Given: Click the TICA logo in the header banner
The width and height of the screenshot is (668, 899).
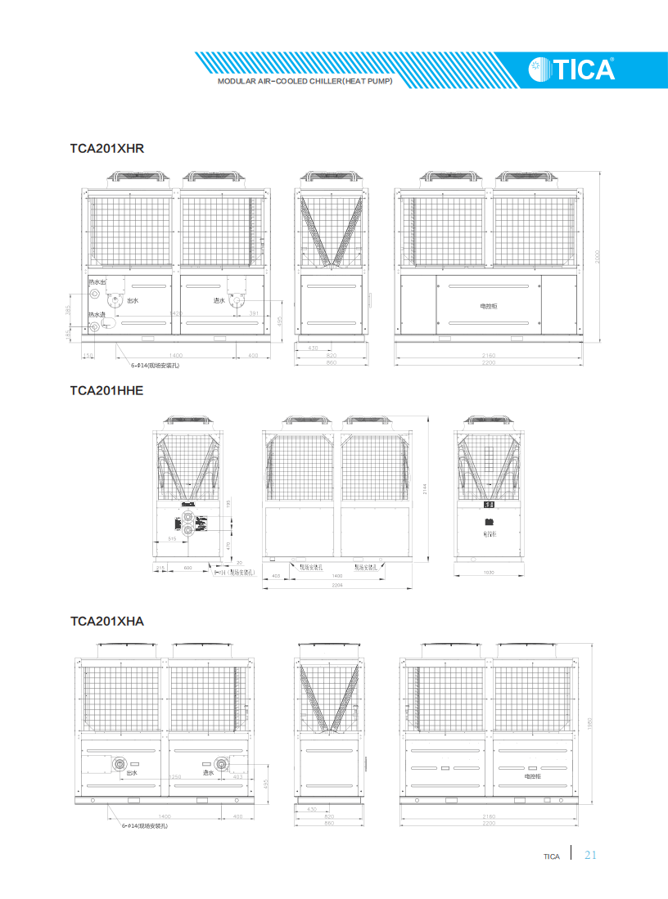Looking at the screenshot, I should pos(571,70).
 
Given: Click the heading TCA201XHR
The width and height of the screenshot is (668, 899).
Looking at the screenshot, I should pos(106,148).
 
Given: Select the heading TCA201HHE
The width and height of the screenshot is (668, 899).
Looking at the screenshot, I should pos(106,390).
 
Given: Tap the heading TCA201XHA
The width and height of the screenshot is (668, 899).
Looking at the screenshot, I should pos(106,621).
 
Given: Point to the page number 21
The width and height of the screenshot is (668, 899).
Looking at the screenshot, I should pos(591,856).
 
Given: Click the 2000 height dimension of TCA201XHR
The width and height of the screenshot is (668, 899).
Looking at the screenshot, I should pos(598,256).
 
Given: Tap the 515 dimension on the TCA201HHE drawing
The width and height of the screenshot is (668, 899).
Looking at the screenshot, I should pos(173,539).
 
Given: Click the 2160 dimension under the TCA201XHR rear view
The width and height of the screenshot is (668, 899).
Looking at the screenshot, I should pos(488,356).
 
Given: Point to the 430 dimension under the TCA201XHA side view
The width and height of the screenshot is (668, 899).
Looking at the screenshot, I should pos(311,809).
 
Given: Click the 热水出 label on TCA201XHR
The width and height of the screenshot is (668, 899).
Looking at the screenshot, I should pos(97,282).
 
